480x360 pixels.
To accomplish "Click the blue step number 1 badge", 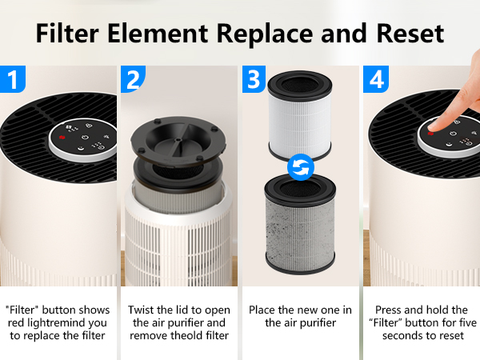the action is click(x=13, y=79).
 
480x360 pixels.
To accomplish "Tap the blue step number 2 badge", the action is click(x=133, y=79).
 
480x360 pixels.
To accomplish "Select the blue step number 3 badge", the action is click(x=254, y=79).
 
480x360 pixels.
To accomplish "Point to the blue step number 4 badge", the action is click(x=376, y=79).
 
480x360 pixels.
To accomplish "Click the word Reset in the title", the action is click(x=410, y=33).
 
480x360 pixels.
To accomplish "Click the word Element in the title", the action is click(x=158, y=33).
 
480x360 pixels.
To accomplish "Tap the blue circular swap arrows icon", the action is click(x=301, y=167).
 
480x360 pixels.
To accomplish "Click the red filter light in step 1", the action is click(x=62, y=138).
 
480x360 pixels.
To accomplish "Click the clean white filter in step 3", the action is click(x=300, y=116).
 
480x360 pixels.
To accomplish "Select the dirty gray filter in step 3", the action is click(x=300, y=224).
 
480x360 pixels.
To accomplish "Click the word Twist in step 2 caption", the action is click(x=141, y=310).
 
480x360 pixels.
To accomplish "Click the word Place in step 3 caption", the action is click(x=262, y=310).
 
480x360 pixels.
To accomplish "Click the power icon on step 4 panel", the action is click(x=453, y=134).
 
